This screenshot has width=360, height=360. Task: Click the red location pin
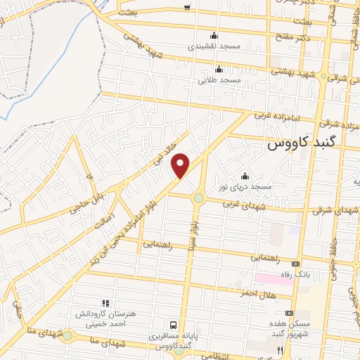click(x=181, y=165)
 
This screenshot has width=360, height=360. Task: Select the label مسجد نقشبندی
click(x=214, y=46)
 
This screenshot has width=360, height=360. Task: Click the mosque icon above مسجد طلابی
click(x=219, y=69)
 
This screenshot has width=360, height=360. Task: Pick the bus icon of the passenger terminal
click(x=173, y=325)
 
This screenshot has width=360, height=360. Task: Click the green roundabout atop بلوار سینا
click(x=199, y=198)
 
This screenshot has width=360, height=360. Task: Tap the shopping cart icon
click(x=186, y=8)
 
